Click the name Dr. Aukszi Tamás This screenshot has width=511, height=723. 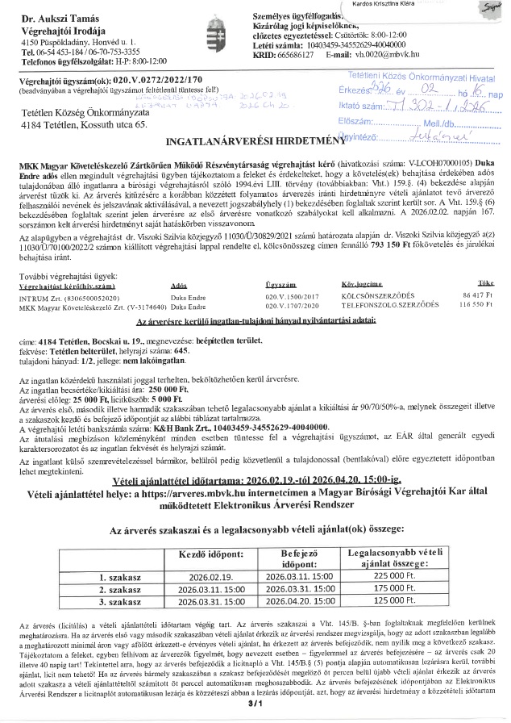coord(53,18)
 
